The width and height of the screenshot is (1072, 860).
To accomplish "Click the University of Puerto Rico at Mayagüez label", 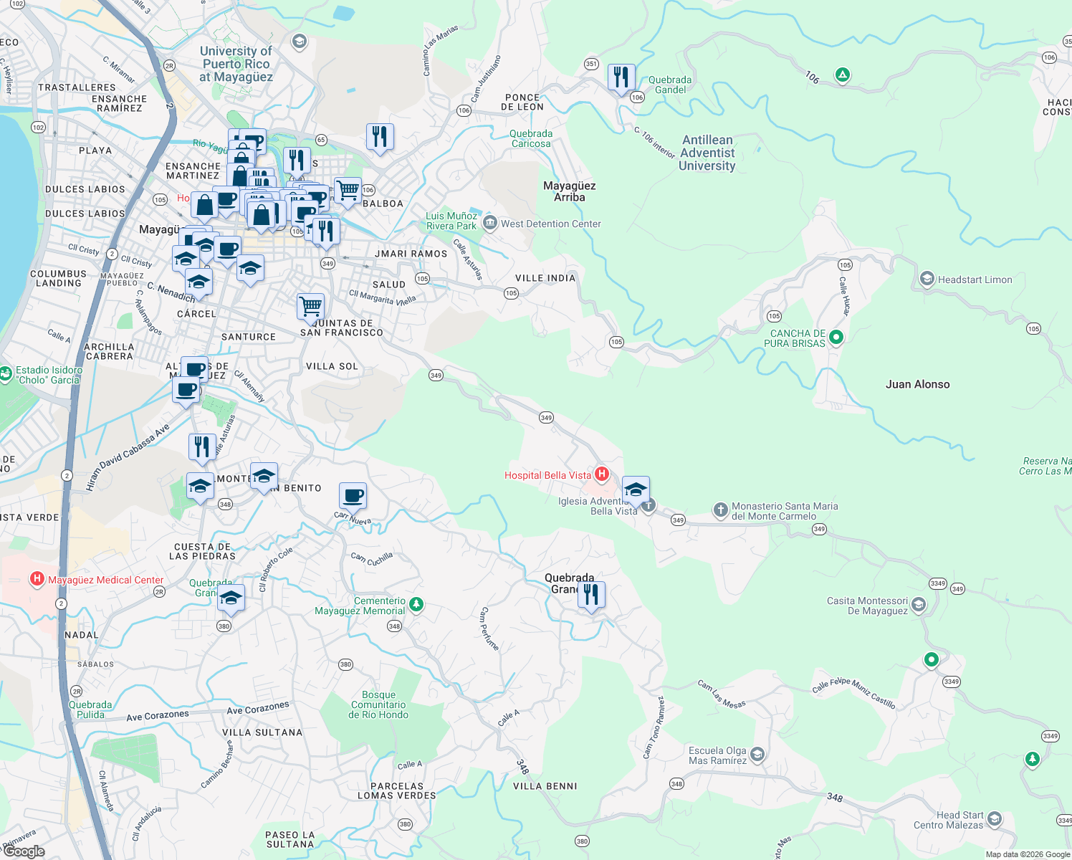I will coord(236,64).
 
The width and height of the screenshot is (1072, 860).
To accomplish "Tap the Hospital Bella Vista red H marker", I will coord(602,474).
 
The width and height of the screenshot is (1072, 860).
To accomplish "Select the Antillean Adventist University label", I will coord(707,153).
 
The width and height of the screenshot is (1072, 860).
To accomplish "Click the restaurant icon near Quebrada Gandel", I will coord(621,77).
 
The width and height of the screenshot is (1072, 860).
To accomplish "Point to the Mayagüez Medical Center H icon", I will coord(37,579).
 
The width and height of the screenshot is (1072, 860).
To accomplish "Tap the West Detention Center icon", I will coord(490,223).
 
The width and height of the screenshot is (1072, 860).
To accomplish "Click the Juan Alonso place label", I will coord(917,384).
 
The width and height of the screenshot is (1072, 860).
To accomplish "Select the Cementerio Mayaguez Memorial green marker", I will coord(416,605).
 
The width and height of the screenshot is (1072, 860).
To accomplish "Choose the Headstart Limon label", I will coord(975,279).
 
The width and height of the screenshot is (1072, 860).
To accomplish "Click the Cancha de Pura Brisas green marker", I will coord(836,337).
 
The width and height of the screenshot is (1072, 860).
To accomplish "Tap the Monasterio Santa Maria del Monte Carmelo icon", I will coord(720,510).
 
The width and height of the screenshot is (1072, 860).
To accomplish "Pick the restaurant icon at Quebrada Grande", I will coord(591,595).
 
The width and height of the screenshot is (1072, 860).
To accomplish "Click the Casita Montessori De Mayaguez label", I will coord(867,606).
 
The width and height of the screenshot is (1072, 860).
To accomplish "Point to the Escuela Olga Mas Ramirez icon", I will coord(758,755).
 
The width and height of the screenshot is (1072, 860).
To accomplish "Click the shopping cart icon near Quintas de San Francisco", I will coord(311,306).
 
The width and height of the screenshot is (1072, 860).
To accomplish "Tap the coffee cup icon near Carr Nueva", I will coord(353,494).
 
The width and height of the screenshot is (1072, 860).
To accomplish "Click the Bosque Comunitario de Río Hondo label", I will coord(378,704).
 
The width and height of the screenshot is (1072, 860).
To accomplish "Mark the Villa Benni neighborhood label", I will coord(545,786).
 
